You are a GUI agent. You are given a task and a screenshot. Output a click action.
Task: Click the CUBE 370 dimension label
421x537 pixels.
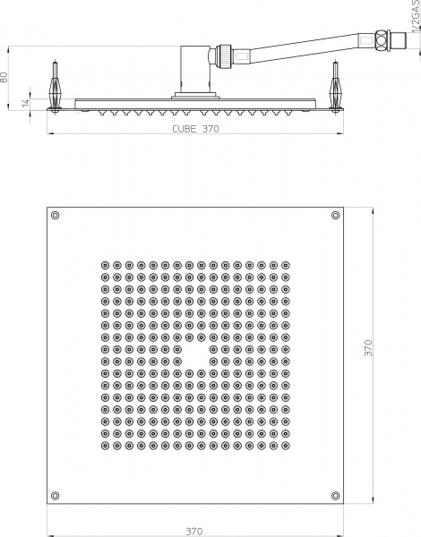[x=195, y=129]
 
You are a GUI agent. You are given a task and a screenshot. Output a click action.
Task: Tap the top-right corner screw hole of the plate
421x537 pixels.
[x=335, y=215]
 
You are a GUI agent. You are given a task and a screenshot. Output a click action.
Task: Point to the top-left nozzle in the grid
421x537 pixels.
[x=106, y=265]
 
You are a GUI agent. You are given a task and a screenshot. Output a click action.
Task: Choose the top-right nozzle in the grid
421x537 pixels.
[x=286, y=265]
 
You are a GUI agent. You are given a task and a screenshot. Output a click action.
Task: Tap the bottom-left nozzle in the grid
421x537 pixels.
[x=106, y=443]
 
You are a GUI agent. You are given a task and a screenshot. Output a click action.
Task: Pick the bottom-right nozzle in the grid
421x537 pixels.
[x=286, y=443]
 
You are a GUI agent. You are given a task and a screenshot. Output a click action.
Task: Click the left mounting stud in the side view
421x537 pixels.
[x=56, y=88]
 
